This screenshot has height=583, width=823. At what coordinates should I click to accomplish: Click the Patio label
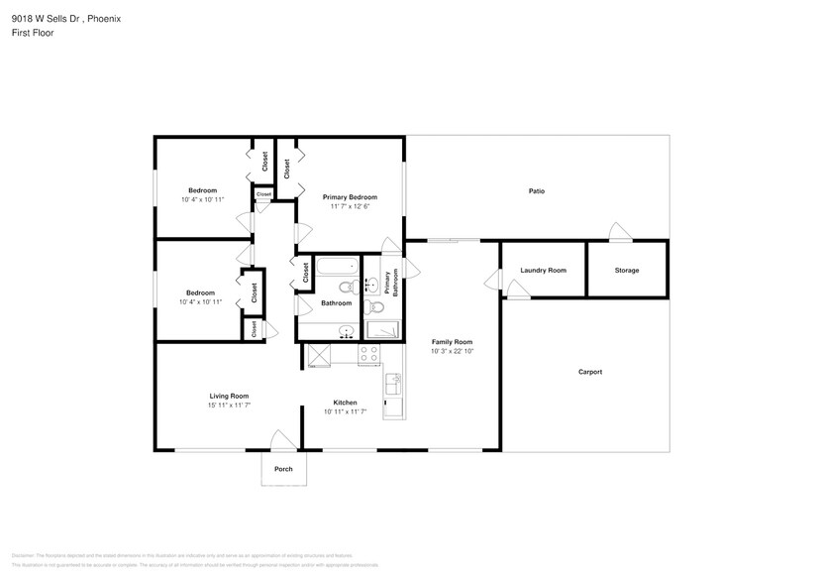(536, 191)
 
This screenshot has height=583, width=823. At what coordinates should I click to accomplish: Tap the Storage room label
(626, 270)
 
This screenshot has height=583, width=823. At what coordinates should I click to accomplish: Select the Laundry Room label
(543, 270)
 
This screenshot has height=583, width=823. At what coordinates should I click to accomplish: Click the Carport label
(589, 372)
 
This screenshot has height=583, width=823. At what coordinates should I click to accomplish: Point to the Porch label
(283, 469)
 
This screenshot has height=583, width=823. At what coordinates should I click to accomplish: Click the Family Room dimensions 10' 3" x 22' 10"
(452, 351)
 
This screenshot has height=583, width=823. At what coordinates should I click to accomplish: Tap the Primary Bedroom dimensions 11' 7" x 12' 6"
(350, 206)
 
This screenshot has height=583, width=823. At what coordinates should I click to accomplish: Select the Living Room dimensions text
(228, 405)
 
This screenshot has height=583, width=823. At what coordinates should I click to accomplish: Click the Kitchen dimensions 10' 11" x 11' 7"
(345, 410)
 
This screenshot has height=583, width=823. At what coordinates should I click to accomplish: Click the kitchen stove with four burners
(368, 355)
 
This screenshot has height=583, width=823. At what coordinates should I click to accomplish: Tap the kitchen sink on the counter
(393, 381)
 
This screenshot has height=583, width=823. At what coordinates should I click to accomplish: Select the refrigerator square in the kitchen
(319, 355)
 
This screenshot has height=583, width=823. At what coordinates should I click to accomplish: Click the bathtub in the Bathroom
(336, 266)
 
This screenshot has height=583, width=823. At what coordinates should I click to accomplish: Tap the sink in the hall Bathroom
(346, 331)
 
